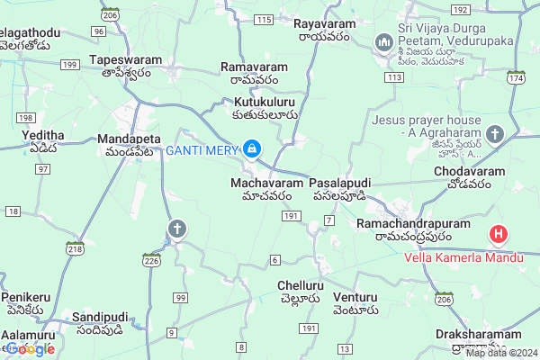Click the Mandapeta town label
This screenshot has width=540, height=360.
[x=129, y=140]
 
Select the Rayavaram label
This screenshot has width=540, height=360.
[x=322, y=22]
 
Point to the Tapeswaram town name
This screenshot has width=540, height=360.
[x=125, y=59]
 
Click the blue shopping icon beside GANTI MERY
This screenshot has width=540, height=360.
[x=253, y=148]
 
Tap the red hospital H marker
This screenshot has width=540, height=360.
[x=498, y=236]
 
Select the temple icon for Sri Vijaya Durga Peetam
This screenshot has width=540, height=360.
[x=383, y=41]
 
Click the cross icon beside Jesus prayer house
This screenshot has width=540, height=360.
[x=494, y=135]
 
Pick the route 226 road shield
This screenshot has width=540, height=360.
[x=150, y=260]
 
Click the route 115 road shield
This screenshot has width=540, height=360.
[x=264, y=19]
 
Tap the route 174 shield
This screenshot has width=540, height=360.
[x=515, y=79]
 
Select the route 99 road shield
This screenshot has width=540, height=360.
[x=181, y=298]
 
